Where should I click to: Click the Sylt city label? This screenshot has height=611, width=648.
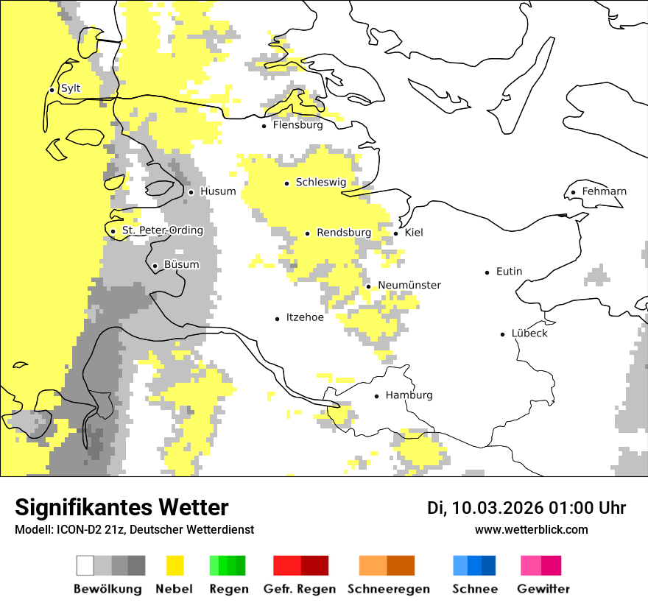click(71, 88)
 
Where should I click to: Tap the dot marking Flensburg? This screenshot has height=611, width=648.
click(264, 126)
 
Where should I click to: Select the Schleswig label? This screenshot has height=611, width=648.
click(320, 182)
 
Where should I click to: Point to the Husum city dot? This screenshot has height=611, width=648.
click(191, 192)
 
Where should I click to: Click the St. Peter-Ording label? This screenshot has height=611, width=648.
click(162, 230)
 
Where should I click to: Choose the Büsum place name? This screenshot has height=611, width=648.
click(181, 265)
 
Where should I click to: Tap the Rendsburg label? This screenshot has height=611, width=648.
click(343, 233)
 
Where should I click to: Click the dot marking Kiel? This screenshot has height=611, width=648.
click(395, 233)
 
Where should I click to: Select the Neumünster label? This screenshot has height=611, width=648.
click(409, 285)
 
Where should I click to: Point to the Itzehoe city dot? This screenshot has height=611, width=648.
click(277, 319)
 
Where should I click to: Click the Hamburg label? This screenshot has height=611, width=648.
click(409, 395)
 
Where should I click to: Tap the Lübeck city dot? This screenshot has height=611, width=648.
click(502, 334)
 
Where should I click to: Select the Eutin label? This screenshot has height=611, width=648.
click(509, 272)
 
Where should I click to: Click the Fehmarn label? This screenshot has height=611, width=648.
click(604, 191)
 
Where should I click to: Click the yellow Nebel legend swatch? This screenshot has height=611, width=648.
click(175, 565)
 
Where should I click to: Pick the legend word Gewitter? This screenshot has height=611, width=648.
click(543, 589)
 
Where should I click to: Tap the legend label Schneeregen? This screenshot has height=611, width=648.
click(388, 589)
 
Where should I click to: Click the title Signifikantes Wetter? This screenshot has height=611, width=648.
click(121, 507)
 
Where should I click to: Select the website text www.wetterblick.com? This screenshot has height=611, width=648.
click(531, 529)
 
